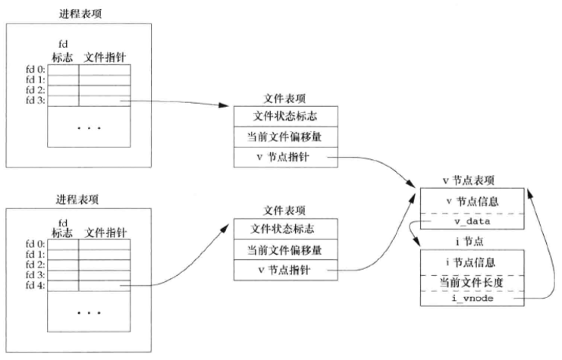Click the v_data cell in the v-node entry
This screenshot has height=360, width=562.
pyautogui.click(x=473, y=221)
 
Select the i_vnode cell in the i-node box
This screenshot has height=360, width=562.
pyautogui.click(x=473, y=300)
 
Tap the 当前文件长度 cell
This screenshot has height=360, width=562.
pyautogui.click(x=473, y=281)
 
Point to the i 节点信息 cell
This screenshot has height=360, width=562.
pyautogui.click(x=473, y=262)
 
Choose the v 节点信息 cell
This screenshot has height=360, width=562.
pyautogui.click(x=473, y=202)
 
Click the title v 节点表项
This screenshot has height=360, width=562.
pyautogui.click(x=472, y=180)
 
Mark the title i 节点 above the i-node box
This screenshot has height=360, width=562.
pyautogui.click(x=472, y=242)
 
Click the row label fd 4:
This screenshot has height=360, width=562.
pyautogui.click(x=35, y=286)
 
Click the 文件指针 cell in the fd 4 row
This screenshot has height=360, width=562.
pyautogui.click(x=104, y=286)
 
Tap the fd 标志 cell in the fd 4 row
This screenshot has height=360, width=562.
pyautogui.click(x=64, y=286)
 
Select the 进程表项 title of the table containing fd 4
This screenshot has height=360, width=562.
pyautogui.click(x=78, y=199)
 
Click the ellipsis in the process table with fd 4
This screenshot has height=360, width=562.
pyautogui.click(x=89, y=311)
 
